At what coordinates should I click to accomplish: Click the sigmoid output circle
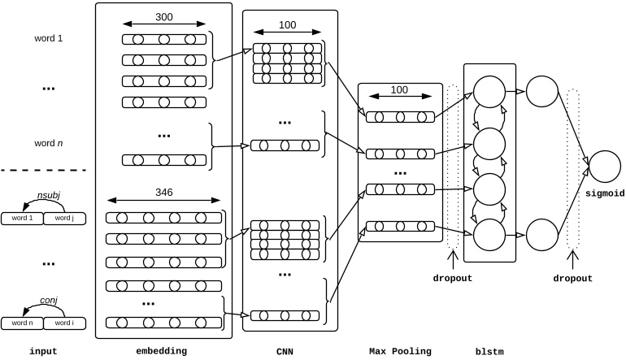tap(604, 167)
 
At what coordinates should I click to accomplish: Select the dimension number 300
tap(163, 16)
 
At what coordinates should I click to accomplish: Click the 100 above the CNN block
tap(287, 26)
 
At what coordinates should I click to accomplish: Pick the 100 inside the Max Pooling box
tap(399, 90)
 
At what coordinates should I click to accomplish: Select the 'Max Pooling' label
tap(399, 351)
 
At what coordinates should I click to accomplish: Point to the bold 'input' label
tap(43, 351)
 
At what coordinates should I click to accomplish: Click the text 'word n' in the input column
tap(49, 143)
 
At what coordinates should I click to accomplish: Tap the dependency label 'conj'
tap(49, 300)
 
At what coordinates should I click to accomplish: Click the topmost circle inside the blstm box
tap(489, 92)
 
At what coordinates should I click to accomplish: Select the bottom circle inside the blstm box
tap(489, 236)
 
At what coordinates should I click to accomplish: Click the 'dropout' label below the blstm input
tap(452, 278)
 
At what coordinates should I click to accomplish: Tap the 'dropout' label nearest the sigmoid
tap(573, 278)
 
